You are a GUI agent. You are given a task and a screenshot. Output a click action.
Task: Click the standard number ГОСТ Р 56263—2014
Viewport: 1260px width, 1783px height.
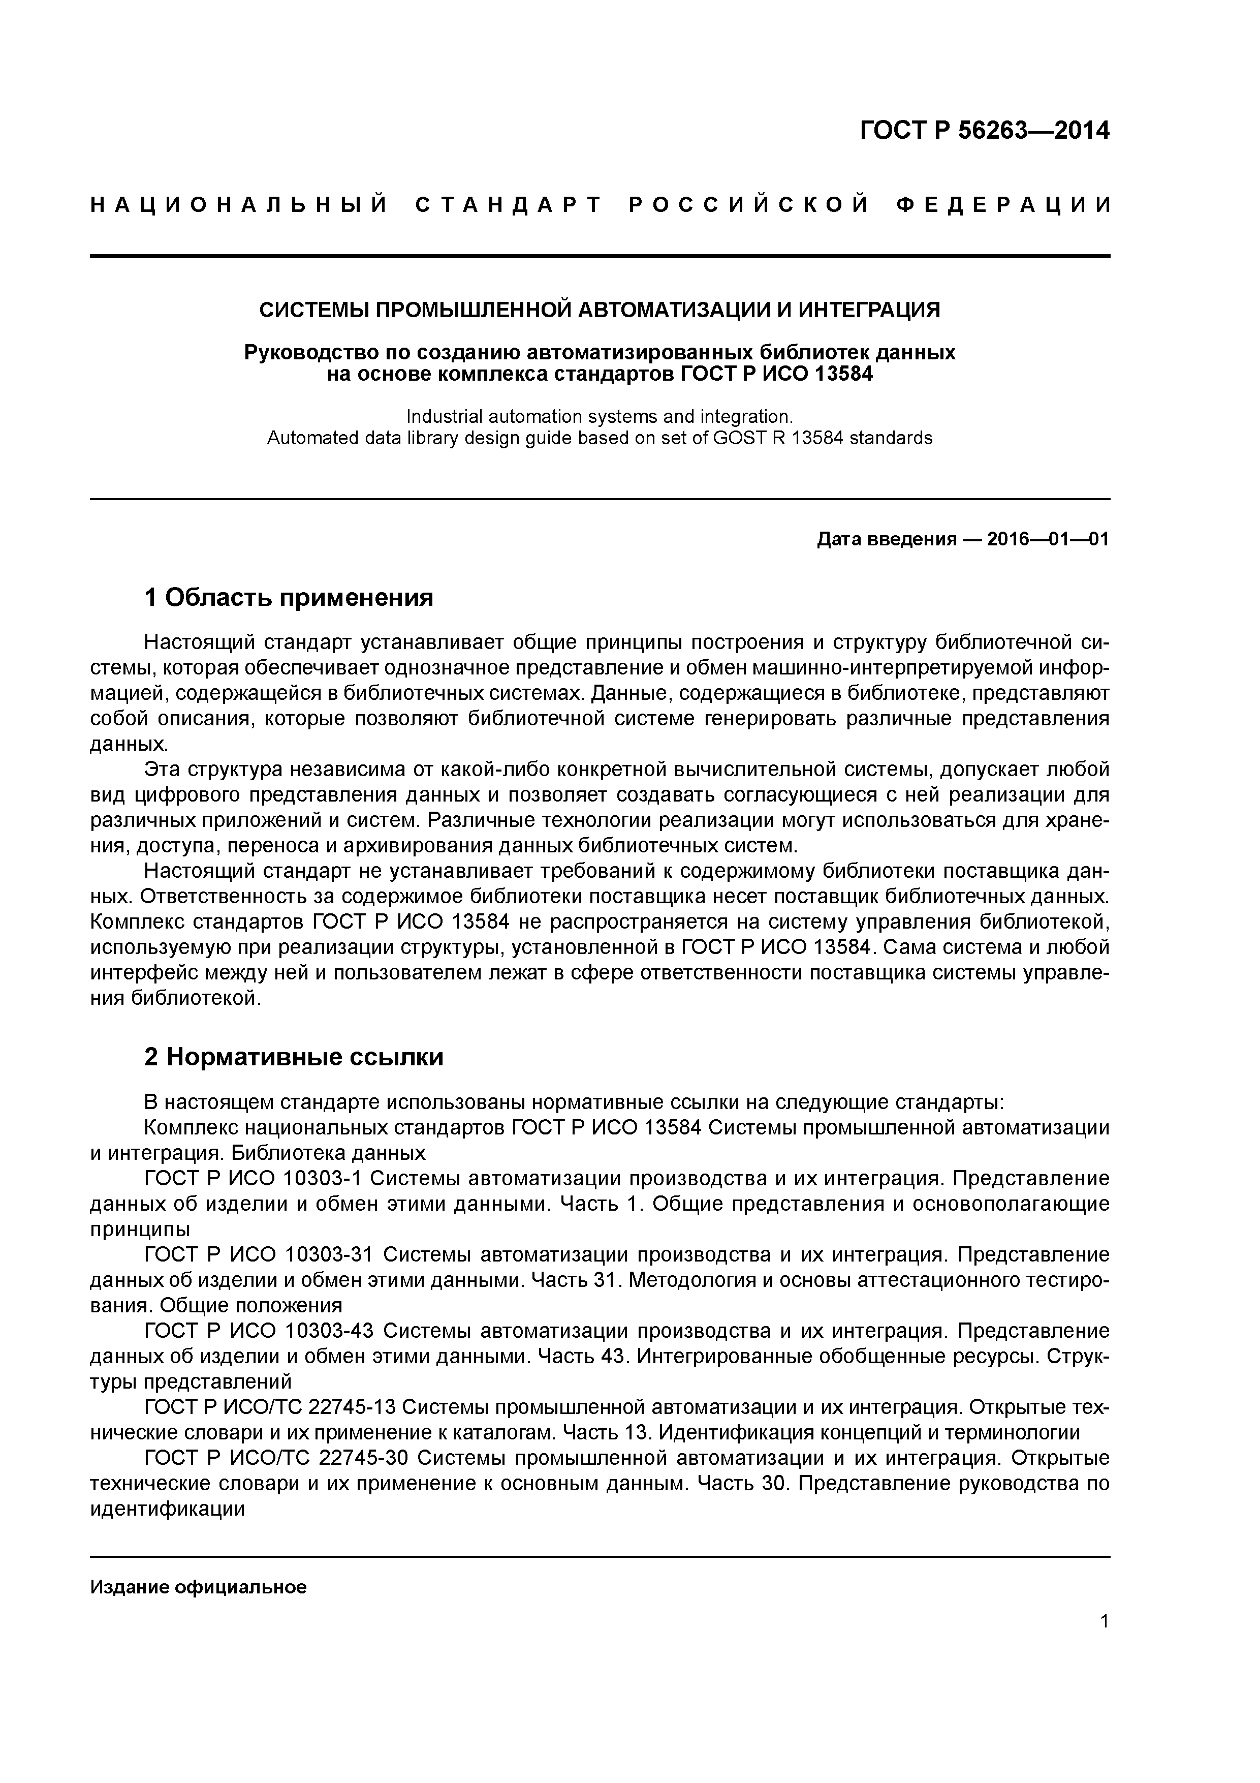point(985,131)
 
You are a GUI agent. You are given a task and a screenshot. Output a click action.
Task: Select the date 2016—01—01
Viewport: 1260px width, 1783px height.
point(1047,539)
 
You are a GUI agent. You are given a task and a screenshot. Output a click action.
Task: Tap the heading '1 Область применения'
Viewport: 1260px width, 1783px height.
point(288,597)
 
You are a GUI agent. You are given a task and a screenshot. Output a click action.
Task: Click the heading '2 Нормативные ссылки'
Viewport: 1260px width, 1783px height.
point(294,1057)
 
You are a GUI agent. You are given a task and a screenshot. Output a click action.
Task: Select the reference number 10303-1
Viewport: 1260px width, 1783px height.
point(322,1178)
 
